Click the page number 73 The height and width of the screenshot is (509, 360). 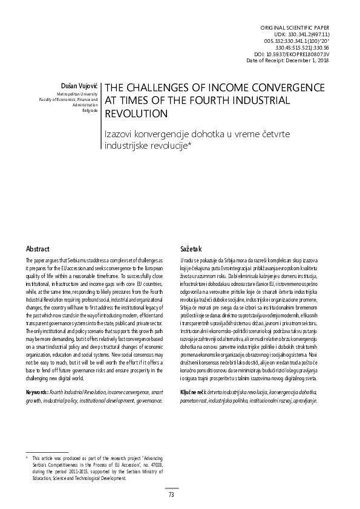(171, 494)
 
